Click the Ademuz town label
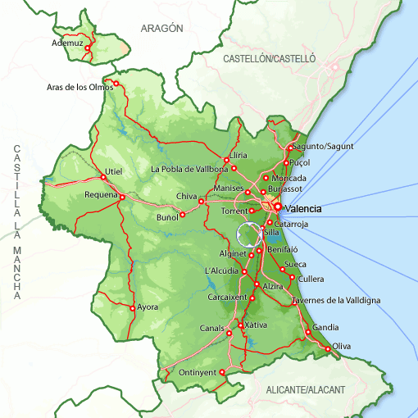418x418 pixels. click(x=68, y=43)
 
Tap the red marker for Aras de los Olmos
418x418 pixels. click(x=116, y=83)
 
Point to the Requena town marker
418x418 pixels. click(x=122, y=197)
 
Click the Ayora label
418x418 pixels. click(x=148, y=307)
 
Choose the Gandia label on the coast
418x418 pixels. click(x=325, y=327)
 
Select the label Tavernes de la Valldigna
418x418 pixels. click(x=336, y=301)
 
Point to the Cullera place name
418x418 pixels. click(x=311, y=279)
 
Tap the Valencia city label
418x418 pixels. click(x=302, y=209)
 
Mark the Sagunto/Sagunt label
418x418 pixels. click(x=322, y=146)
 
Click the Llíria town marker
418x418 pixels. click(x=226, y=160)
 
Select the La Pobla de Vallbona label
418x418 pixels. click(x=189, y=170)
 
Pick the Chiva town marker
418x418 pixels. click(x=201, y=201)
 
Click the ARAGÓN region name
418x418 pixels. click(x=161, y=28)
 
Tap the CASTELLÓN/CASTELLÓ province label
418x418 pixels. click(x=270, y=59)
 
